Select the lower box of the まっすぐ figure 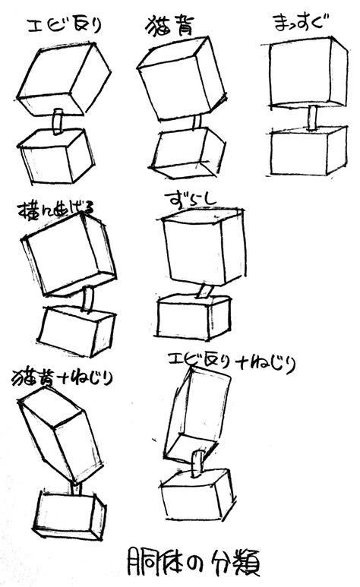[308, 152]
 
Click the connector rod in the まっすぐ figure [311, 118]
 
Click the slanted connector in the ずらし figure [205, 291]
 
